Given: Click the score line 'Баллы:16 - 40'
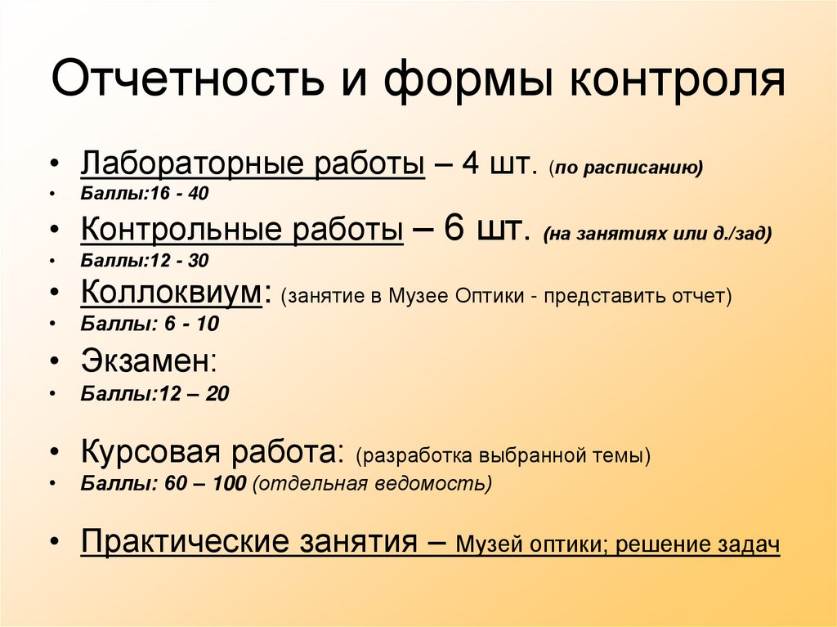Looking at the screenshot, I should coord(145,195).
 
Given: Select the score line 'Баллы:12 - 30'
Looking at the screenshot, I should coord(145,261).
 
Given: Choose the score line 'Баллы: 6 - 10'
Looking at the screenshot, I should coord(150,324).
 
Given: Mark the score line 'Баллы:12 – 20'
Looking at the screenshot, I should coord(154,394).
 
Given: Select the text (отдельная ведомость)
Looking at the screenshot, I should coord(373,484).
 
